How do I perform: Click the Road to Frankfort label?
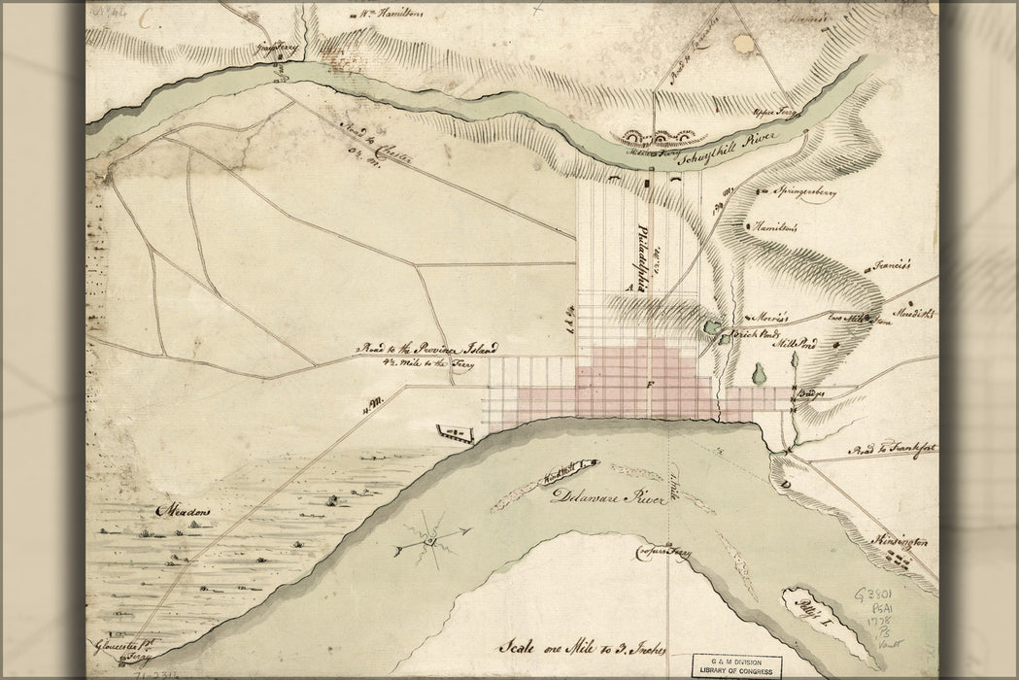coord(889,450)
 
